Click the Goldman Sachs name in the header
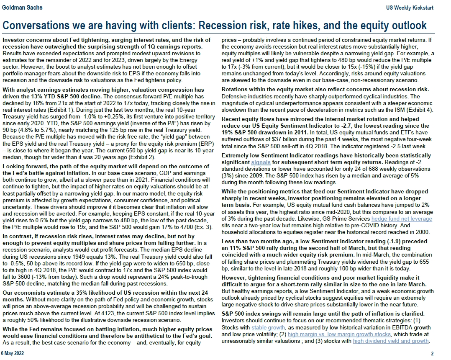click(x=22, y=8)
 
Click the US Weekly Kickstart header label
click(x=410, y=8)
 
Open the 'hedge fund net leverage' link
click(x=402, y=219)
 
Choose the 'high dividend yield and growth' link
click(x=391, y=341)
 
